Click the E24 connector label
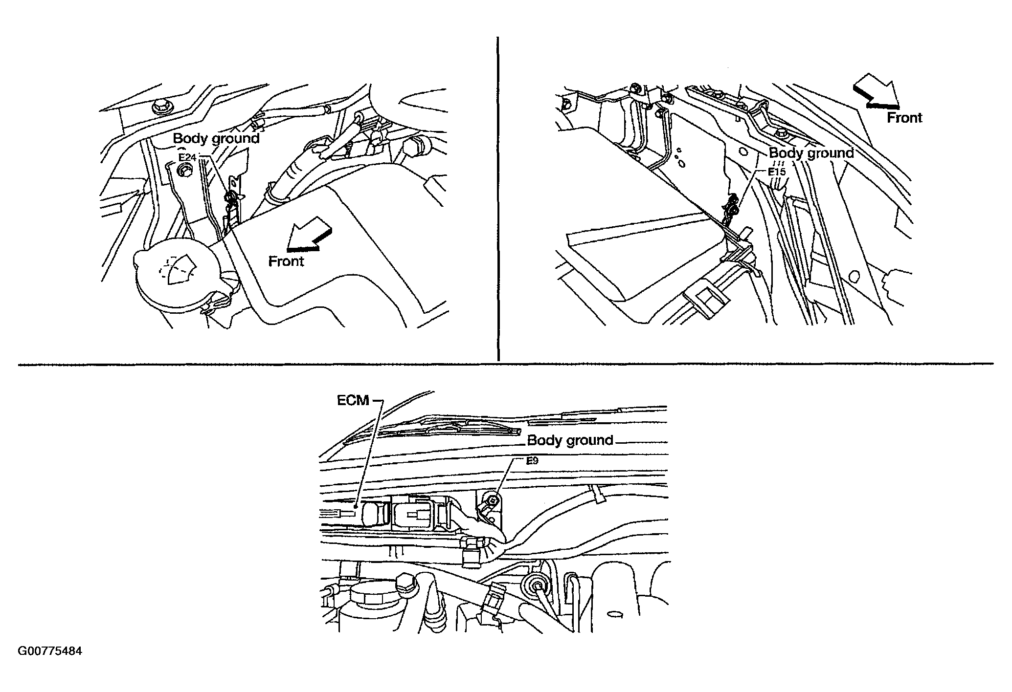coord(187,157)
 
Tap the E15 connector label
coord(776,172)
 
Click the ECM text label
coord(353,400)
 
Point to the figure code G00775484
coord(50,651)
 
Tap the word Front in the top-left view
coord(286,261)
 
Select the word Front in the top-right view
coord(905,118)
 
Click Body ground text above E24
coord(216,138)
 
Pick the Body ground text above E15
coord(811,153)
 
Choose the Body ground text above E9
coord(570,440)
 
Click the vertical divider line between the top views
coord(497,198)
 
